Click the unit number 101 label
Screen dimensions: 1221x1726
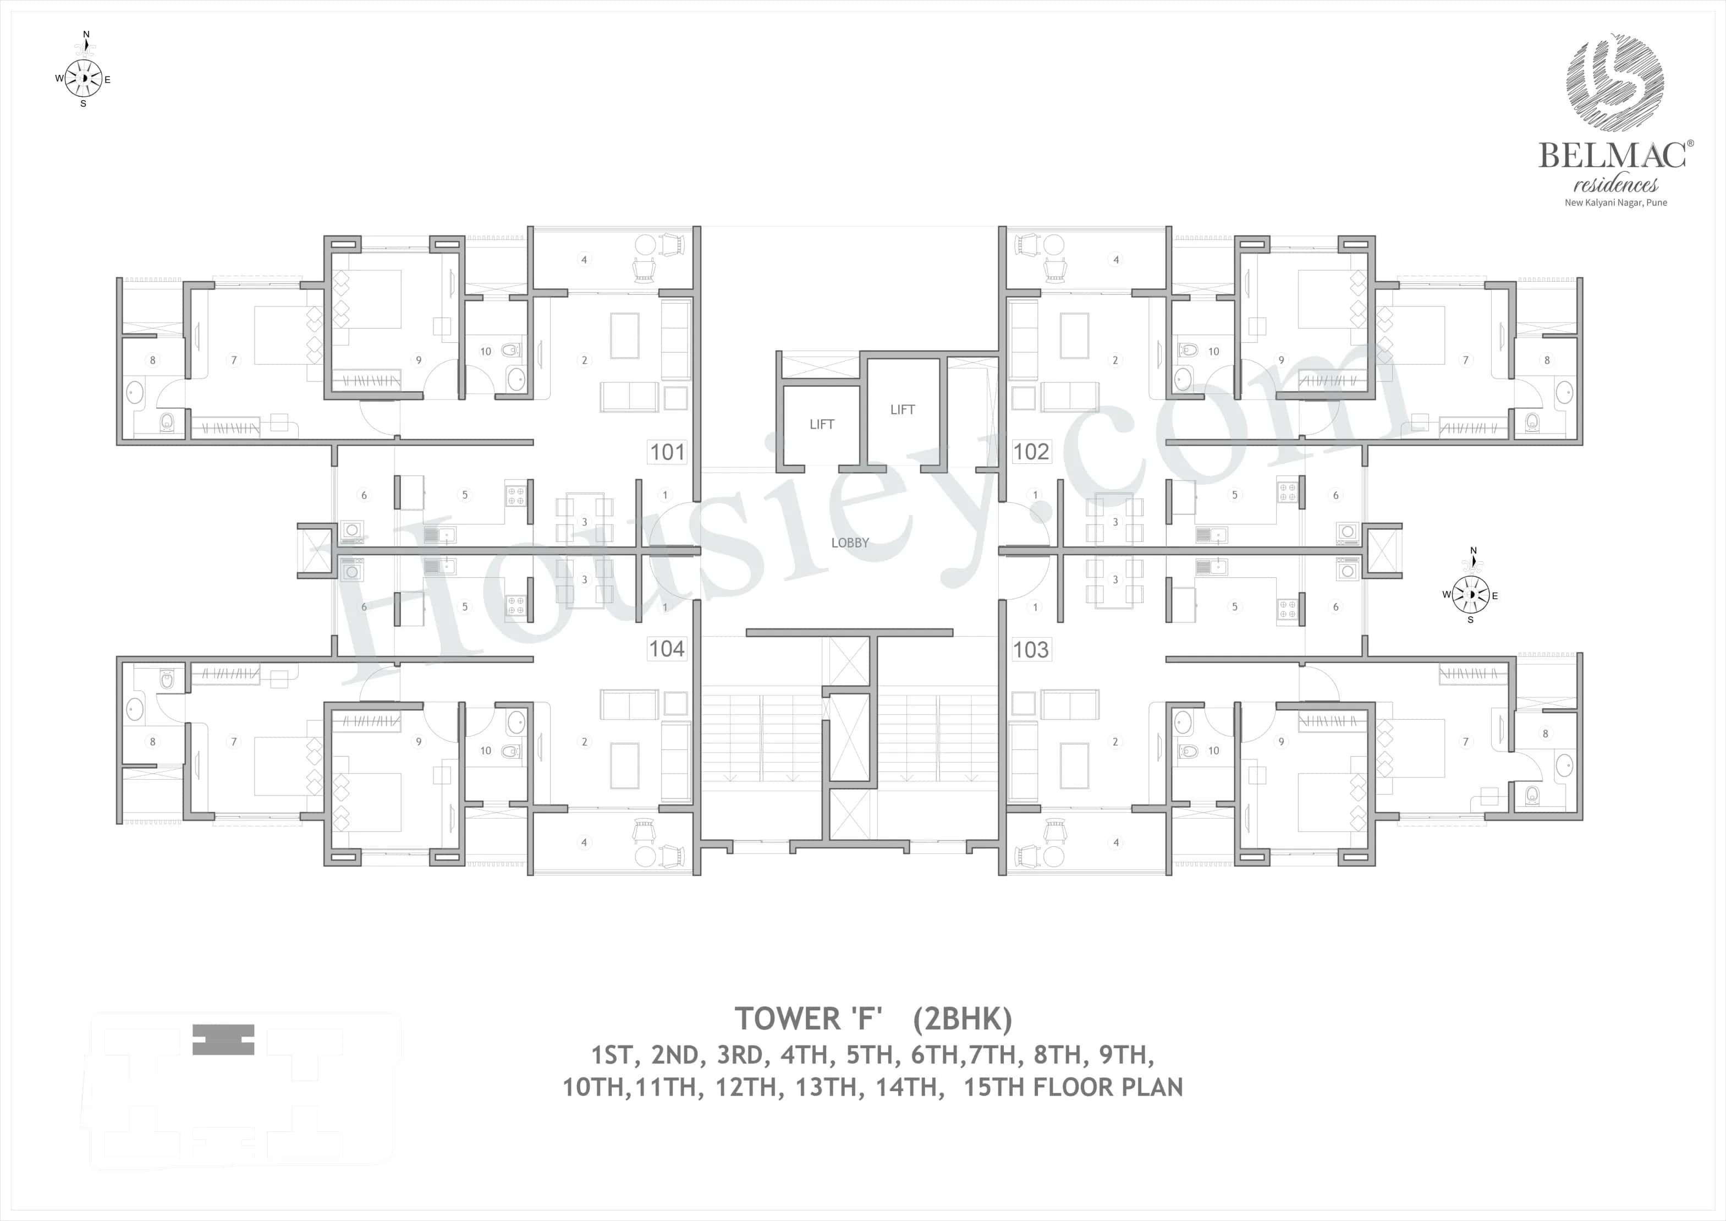pyautogui.click(x=667, y=452)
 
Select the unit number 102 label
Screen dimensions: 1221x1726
pyautogui.click(x=1031, y=452)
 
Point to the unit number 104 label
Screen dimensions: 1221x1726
pyautogui.click(x=666, y=649)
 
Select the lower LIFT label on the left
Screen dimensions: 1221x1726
pyautogui.click(x=822, y=425)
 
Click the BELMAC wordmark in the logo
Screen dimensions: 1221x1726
pyautogui.click(x=1612, y=156)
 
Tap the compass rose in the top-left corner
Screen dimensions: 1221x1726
pyautogui.click(x=84, y=78)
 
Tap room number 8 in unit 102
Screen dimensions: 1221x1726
pyautogui.click(x=1547, y=360)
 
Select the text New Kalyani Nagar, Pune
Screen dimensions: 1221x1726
pyautogui.click(x=1615, y=203)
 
